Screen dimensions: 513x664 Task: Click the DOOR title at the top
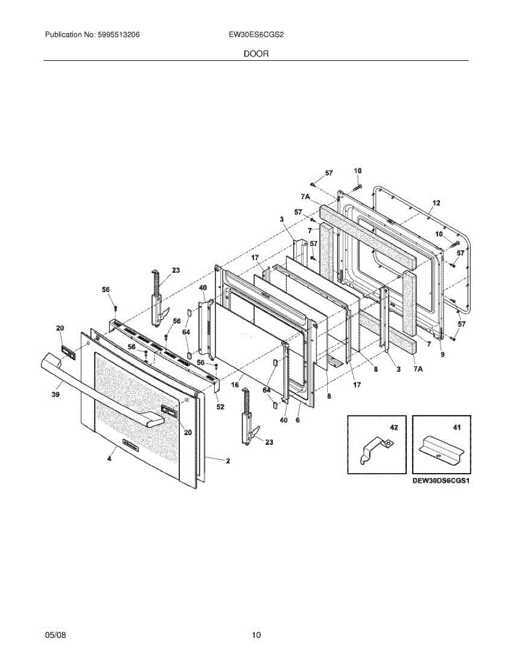(256, 54)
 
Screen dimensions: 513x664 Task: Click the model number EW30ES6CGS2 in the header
(256, 34)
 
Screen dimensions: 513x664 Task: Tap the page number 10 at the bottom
(256, 635)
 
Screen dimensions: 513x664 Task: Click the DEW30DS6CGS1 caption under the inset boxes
(441, 481)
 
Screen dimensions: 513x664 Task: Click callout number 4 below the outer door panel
(110, 458)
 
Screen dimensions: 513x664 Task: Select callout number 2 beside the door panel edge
(227, 460)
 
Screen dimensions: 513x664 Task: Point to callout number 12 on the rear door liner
(436, 204)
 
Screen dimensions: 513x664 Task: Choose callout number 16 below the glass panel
(235, 383)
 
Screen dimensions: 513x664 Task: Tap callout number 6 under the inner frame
(298, 421)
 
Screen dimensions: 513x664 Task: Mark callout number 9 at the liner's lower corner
(442, 354)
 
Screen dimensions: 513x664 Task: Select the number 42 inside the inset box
(393, 427)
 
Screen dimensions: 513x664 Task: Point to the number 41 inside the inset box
(457, 427)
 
